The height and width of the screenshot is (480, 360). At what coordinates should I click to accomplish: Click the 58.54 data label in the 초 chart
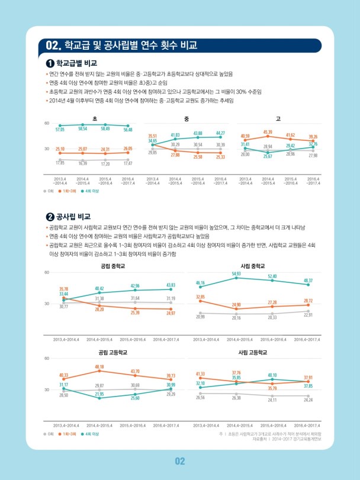(82, 128)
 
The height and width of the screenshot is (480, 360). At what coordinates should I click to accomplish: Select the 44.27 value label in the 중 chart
(220, 133)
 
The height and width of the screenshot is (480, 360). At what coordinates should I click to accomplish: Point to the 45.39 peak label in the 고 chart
(268, 132)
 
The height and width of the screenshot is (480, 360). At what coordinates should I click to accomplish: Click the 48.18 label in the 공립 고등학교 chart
(99, 367)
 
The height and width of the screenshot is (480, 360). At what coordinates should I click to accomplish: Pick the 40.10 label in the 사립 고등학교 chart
(272, 375)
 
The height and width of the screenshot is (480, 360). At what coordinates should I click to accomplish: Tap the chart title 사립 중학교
(253, 266)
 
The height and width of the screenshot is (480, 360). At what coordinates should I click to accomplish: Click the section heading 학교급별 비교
(76, 63)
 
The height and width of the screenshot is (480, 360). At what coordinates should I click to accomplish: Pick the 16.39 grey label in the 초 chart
(82, 163)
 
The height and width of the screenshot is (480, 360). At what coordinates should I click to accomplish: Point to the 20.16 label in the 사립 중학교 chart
(236, 318)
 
